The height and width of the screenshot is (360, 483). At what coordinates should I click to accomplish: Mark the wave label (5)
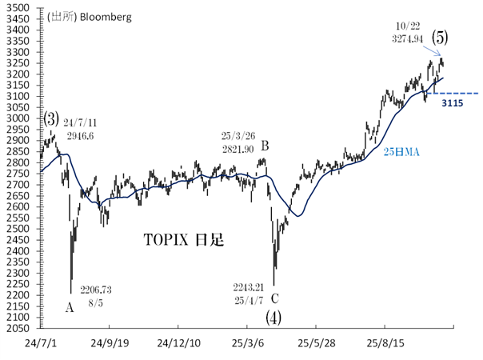tap(439, 38)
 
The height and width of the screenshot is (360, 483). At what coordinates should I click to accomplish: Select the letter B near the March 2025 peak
tap(265, 146)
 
